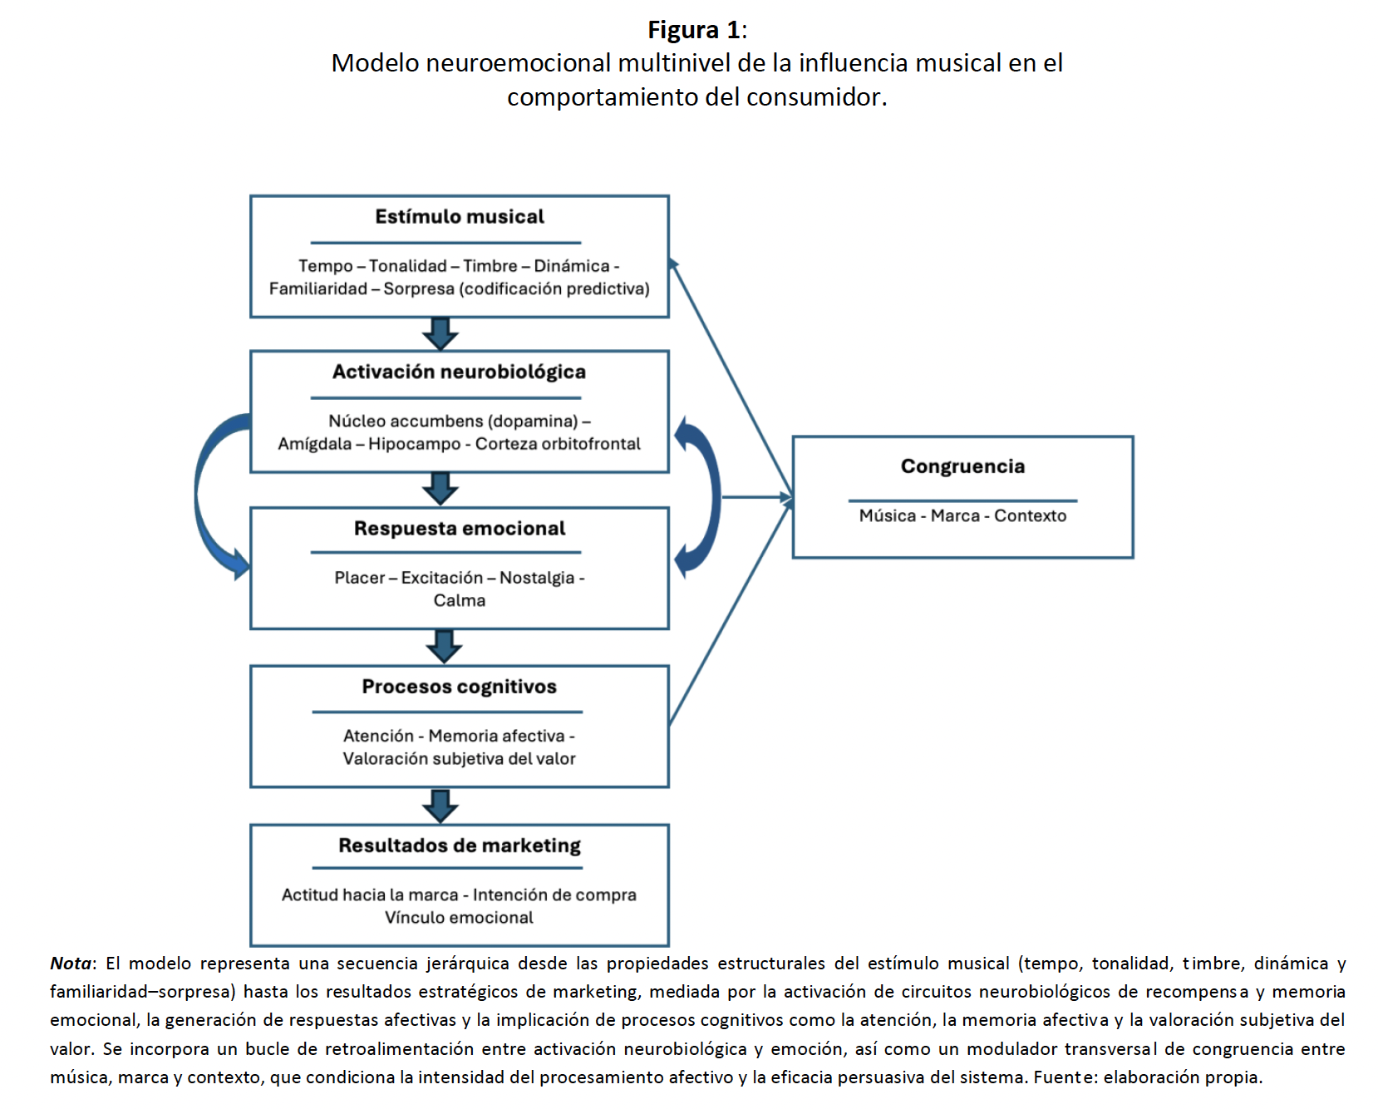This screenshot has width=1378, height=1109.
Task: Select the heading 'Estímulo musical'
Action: coord(459,217)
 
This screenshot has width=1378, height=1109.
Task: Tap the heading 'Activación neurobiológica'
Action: coord(459,372)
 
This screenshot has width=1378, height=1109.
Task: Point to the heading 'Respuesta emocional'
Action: coord(459,529)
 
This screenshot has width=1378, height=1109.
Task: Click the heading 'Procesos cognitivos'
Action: coord(459,687)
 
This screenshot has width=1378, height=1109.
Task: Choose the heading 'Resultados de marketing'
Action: coord(459,845)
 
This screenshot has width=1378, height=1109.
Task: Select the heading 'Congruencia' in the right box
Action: coord(962,466)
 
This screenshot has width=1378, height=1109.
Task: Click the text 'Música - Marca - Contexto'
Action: coord(962,515)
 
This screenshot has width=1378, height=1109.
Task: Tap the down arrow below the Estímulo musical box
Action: coord(440,333)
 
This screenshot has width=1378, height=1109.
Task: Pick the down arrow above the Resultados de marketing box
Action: coord(440,806)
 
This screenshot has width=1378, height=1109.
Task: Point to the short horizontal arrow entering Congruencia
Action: coord(756,497)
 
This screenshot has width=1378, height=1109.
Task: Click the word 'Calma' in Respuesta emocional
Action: coord(459,600)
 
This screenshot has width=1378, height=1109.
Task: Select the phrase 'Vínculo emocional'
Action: coord(459,918)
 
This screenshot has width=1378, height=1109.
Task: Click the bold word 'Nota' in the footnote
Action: coord(71,964)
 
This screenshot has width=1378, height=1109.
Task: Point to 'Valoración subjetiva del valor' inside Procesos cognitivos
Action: coord(459,758)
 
